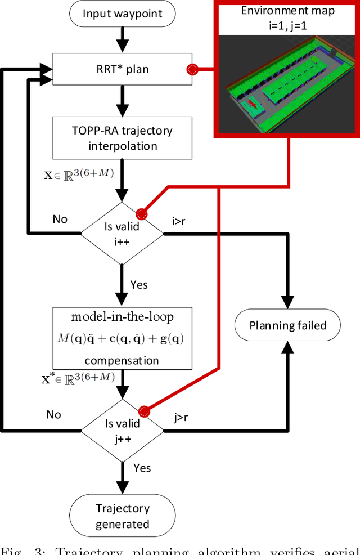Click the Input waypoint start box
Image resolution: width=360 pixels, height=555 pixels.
coord(122,13)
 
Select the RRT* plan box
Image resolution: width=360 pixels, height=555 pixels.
coord(122,69)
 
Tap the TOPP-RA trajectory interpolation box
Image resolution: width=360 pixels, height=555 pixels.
coord(122,138)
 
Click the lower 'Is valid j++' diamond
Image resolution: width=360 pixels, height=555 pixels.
coord(122,432)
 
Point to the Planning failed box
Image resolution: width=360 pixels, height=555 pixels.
coord(287,325)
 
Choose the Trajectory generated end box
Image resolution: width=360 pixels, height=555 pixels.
coord(122,516)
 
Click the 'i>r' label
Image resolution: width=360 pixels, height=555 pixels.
coord(178,221)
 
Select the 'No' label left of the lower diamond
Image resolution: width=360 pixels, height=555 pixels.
coord(53,414)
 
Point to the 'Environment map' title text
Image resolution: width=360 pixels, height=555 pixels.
coord(287,10)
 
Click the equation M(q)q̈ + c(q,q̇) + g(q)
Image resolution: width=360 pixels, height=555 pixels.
coord(122,339)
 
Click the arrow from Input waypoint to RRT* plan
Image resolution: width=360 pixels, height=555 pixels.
coord(122,40)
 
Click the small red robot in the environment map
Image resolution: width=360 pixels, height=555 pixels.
coord(253,104)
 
